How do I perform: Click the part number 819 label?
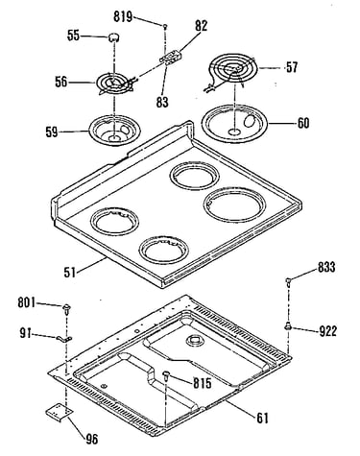(123, 16)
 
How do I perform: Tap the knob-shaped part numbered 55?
(112, 36)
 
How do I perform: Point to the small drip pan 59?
(112, 131)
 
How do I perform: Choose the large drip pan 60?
(234, 123)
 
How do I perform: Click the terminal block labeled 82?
(171, 58)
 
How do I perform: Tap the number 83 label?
(162, 103)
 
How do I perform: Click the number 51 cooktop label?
(69, 273)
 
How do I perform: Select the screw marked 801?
(67, 309)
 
